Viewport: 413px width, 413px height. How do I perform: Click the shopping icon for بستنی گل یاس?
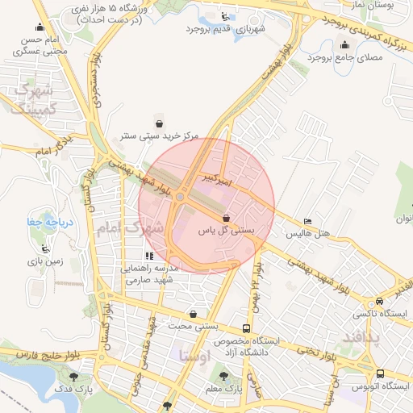[x=226, y=217]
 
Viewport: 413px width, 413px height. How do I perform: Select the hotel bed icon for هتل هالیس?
[x=307, y=221]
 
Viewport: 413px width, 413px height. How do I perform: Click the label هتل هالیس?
[x=307, y=234]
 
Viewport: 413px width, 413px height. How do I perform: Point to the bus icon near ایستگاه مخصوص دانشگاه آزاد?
[x=246, y=328]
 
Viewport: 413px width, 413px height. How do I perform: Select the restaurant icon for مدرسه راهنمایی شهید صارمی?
[x=148, y=256]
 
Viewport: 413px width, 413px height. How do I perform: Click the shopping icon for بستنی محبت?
[x=193, y=314]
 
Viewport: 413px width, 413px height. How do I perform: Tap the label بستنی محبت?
[x=193, y=327]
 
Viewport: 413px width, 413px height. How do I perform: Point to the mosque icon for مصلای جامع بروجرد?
[x=345, y=44]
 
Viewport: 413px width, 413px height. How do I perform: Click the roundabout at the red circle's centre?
[x=181, y=196]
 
